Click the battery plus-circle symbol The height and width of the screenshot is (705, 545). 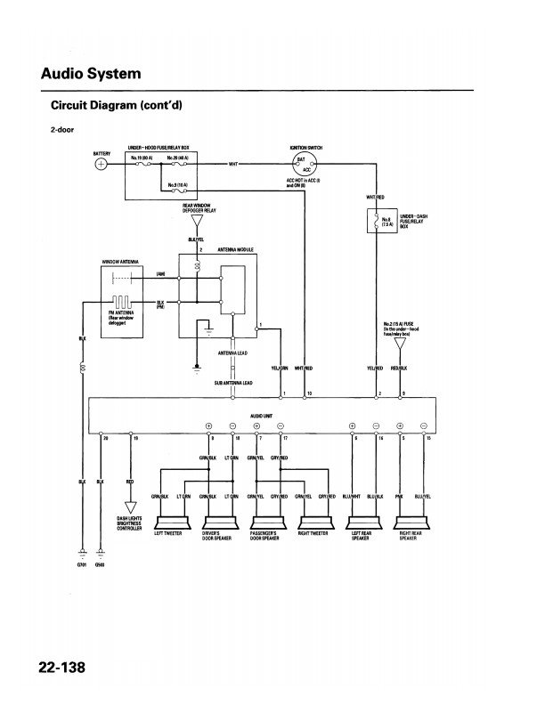point(102,164)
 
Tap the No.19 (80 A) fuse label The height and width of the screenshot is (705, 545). point(142,158)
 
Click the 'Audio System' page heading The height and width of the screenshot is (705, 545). point(91,73)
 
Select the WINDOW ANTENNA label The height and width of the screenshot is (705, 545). point(118,262)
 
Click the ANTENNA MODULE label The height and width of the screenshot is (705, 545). point(235,250)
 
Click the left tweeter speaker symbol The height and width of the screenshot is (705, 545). point(169,522)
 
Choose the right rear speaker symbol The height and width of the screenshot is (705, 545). point(410,522)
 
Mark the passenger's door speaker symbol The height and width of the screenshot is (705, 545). point(265,522)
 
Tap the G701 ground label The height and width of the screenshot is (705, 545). point(83,565)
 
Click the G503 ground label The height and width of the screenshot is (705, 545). point(101,565)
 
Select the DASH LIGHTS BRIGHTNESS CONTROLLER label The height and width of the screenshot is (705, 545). point(130,523)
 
